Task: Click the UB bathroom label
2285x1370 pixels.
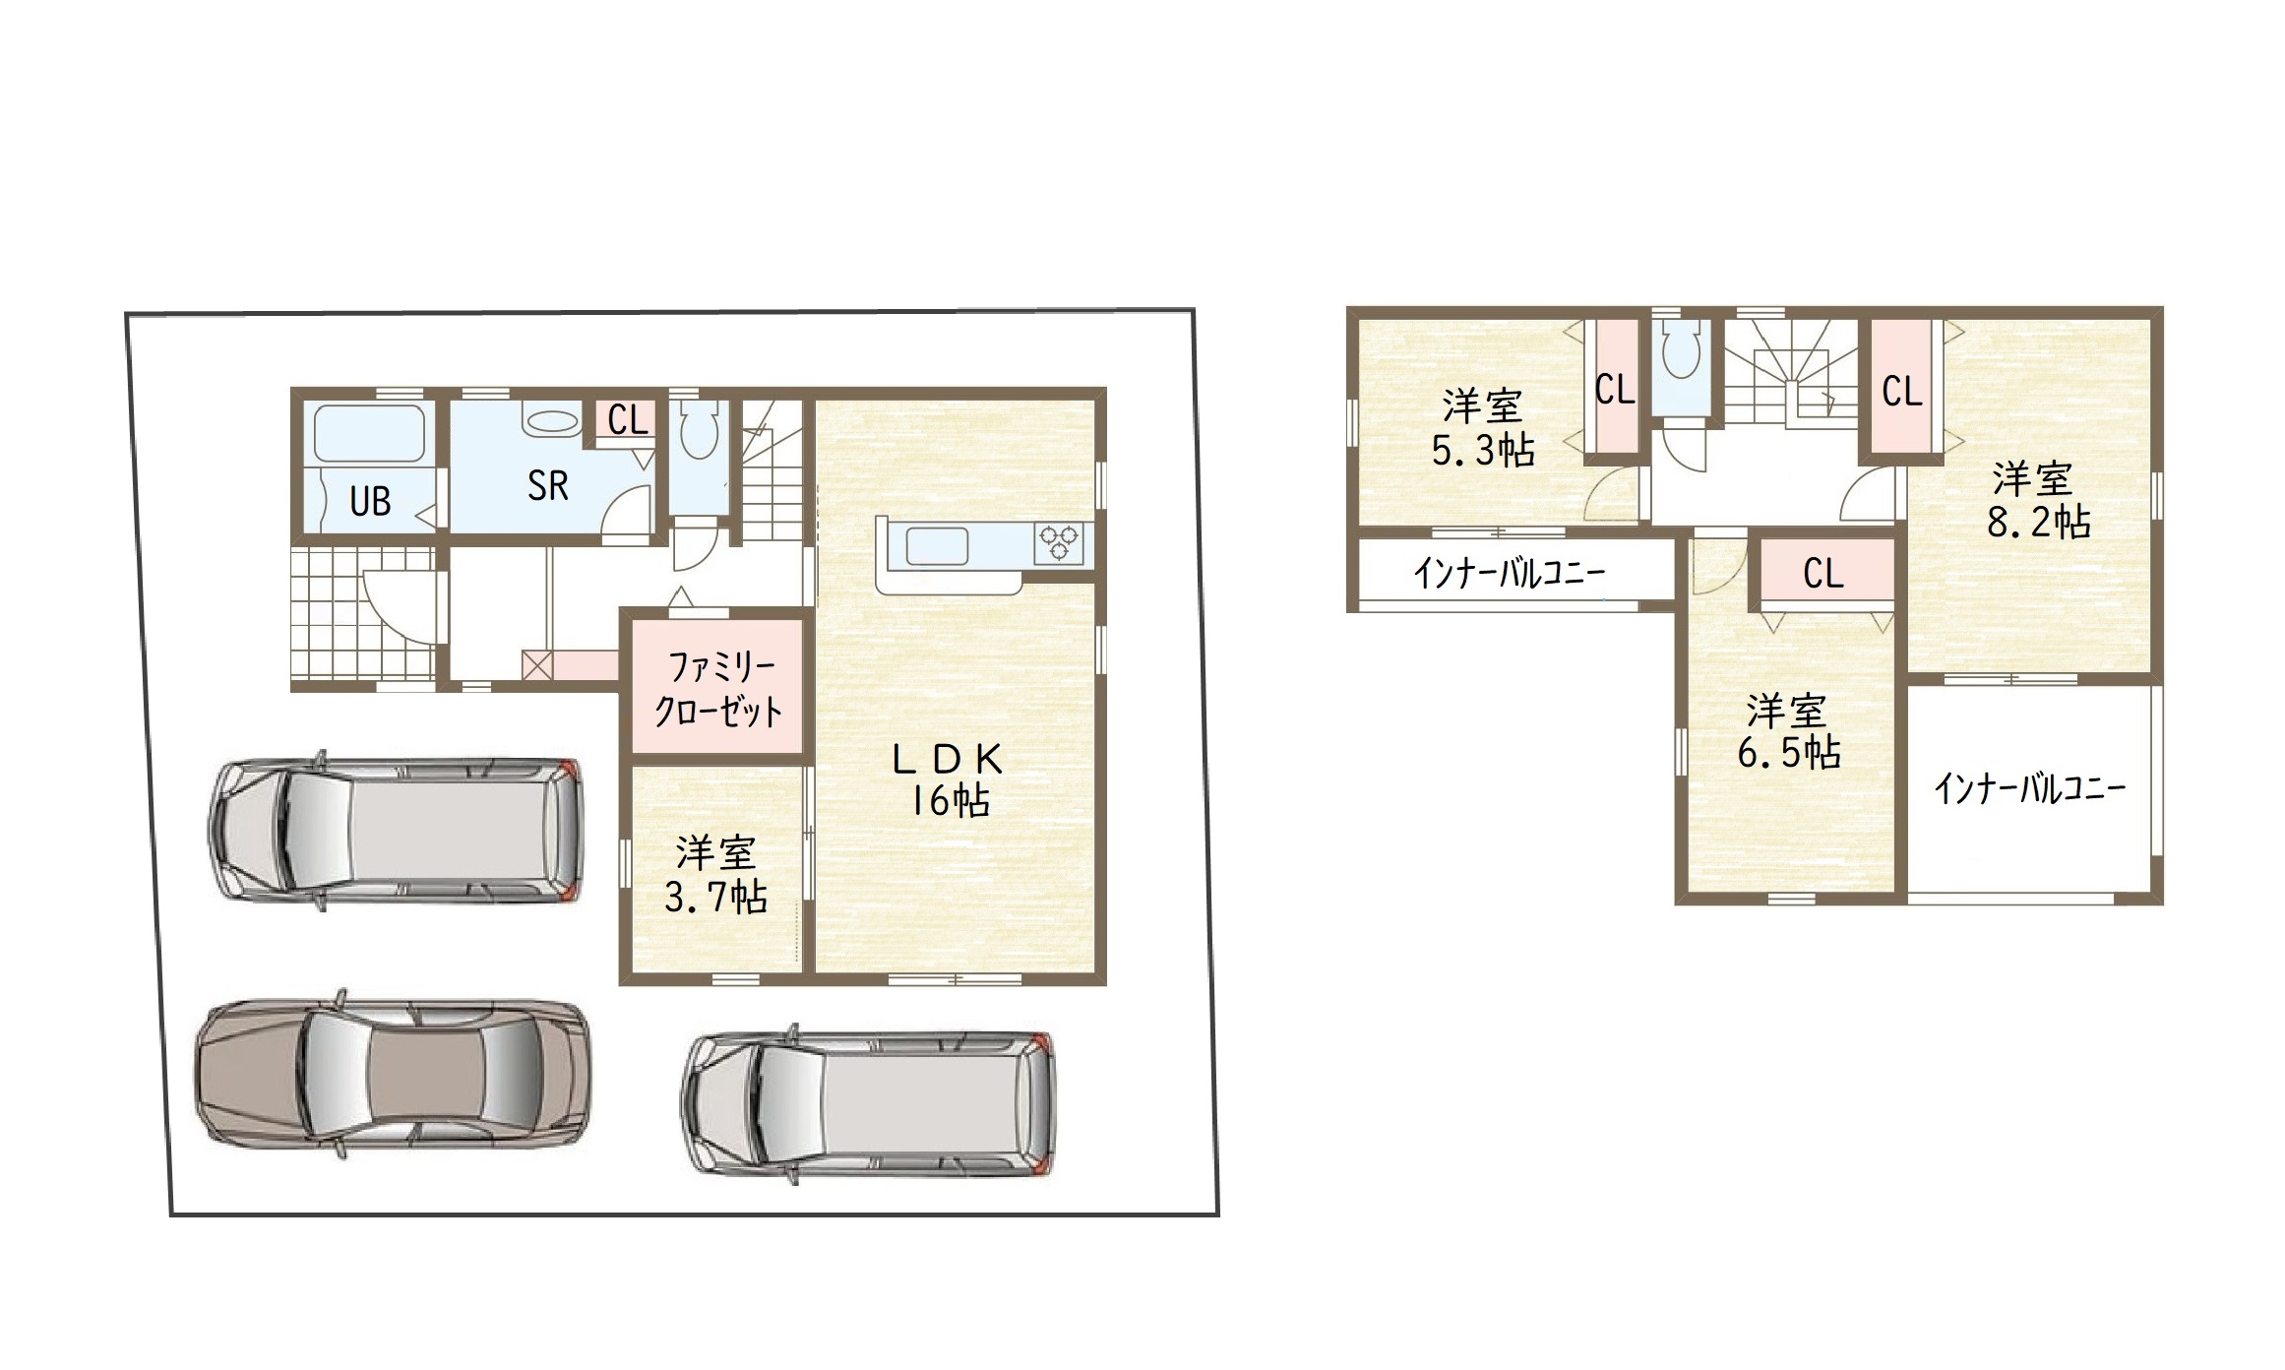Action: [370, 502]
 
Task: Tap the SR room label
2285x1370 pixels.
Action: [547, 485]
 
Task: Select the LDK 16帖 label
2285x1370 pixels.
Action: [948, 779]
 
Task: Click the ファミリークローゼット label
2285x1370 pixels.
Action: [718, 688]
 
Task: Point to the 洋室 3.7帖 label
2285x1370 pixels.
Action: [715, 875]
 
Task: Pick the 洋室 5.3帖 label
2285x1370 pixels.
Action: [1483, 428]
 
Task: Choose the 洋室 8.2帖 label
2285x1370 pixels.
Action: [2038, 500]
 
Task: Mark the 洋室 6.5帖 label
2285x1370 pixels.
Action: [1788, 731]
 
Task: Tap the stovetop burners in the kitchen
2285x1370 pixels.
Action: [1059, 543]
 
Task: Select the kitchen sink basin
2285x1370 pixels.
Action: [937, 545]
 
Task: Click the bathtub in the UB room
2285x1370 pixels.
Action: [369, 433]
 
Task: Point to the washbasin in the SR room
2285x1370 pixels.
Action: [551, 421]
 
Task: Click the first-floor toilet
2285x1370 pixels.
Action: [700, 429]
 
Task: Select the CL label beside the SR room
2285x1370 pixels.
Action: [628, 420]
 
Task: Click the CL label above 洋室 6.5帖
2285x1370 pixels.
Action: [1823, 573]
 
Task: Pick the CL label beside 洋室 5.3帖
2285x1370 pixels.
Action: [1615, 390]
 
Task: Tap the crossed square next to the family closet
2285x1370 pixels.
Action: [536, 665]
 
